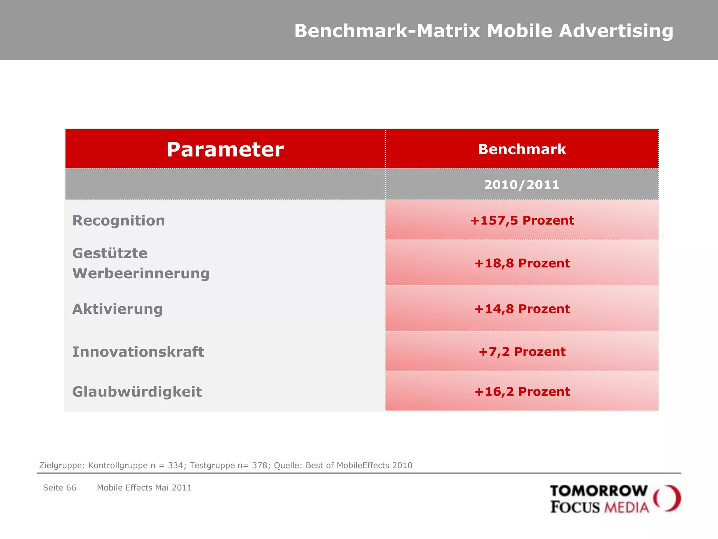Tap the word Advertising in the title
pyautogui.click(x=616, y=31)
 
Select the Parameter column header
pyautogui.click(x=225, y=149)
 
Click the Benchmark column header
pyautogui.click(x=522, y=149)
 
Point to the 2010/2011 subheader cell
pyautogui.click(x=522, y=185)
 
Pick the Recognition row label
pyautogui.click(x=118, y=221)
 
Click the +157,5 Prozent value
pyautogui.click(x=522, y=220)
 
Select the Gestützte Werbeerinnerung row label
pyautogui.click(x=141, y=263)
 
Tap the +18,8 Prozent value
pyautogui.click(x=522, y=263)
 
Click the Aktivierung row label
pyautogui.click(x=117, y=309)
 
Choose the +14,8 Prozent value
pyautogui.click(x=522, y=309)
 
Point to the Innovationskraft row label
pyautogui.click(x=138, y=352)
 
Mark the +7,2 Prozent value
pyautogui.click(x=522, y=352)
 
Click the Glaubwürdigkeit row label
pyautogui.click(x=137, y=392)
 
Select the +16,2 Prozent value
pyautogui.click(x=522, y=392)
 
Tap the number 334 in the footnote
pyautogui.click(x=176, y=465)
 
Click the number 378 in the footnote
pyautogui.click(x=260, y=465)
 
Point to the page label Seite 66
pyautogui.click(x=60, y=488)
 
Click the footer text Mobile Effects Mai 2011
pyautogui.click(x=144, y=488)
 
